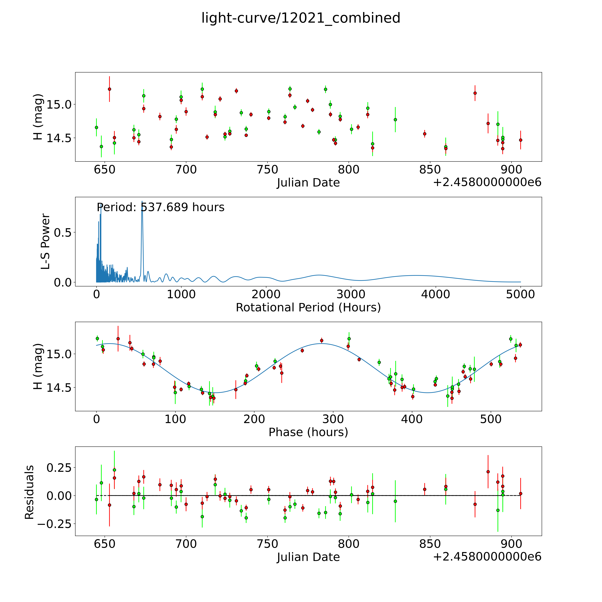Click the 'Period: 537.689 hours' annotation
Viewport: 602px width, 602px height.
pyautogui.click(x=160, y=207)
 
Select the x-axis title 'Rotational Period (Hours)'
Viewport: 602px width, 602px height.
pyautogui.click(x=308, y=308)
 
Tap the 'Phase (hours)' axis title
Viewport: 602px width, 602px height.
pyautogui.click(x=308, y=432)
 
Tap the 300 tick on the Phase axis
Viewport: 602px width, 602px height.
pyautogui.click(x=333, y=419)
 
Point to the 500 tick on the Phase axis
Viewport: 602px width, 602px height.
pyautogui.click(x=491, y=419)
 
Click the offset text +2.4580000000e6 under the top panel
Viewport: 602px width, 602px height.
pyautogui.click(x=487, y=182)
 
